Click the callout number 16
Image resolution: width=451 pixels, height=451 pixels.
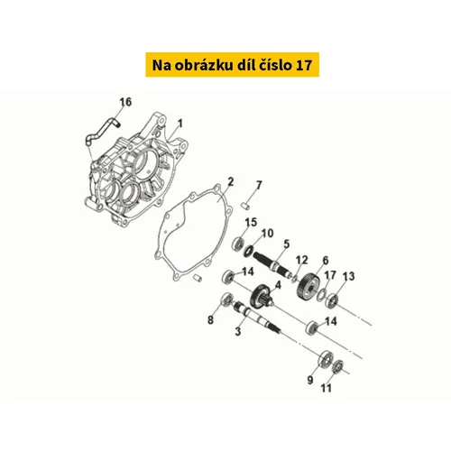tap(125, 102)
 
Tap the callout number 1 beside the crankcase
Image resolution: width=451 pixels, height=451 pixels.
tap(179, 124)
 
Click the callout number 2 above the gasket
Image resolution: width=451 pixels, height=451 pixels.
tap(231, 182)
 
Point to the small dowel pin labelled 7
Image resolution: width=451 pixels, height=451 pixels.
tap(245, 206)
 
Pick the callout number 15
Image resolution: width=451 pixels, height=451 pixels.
tap(251, 223)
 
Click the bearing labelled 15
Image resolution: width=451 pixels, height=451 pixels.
tap(239, 244)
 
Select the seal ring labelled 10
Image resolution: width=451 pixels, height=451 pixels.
tap(249, 251)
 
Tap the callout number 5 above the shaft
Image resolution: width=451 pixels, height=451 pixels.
tap(286, 244)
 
